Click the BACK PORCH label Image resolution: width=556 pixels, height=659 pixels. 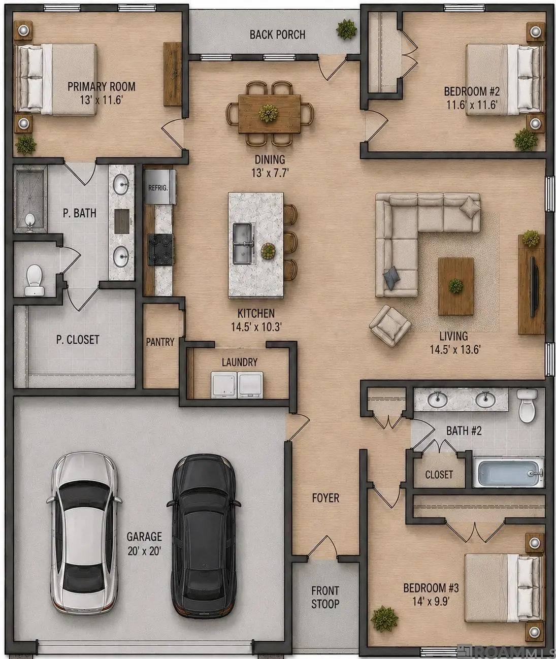point(277,35)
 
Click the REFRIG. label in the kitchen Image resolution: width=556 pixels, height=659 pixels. point(158,188)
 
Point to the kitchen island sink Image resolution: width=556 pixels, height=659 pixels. point(244,244)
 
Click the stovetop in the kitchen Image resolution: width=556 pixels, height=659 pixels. point(160,249)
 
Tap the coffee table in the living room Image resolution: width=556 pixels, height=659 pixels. point(455,286)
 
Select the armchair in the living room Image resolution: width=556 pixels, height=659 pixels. point(390,326)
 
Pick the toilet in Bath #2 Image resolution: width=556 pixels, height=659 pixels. point(527,406)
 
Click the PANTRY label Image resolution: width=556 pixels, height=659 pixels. point(160,342)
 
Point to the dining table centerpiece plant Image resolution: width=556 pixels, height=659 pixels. point(269,114)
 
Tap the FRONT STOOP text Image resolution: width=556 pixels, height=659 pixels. point(325,597)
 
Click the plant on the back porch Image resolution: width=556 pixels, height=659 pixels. point(346,29)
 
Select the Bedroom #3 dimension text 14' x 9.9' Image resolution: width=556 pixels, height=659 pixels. point(431,601)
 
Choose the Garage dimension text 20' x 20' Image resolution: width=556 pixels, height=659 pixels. point(144,551)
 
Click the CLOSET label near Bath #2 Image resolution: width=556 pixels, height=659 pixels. point(439,475)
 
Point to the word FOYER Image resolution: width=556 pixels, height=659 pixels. point(325,498)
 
